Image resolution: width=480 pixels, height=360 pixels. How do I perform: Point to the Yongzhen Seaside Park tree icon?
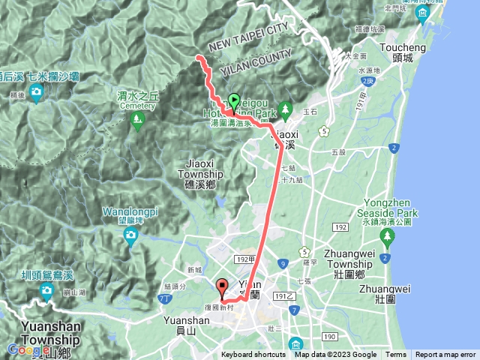387,238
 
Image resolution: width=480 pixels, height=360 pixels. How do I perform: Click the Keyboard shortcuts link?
253,355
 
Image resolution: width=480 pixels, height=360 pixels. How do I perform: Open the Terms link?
396,355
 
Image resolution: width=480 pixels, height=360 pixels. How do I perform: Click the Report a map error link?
445,355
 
